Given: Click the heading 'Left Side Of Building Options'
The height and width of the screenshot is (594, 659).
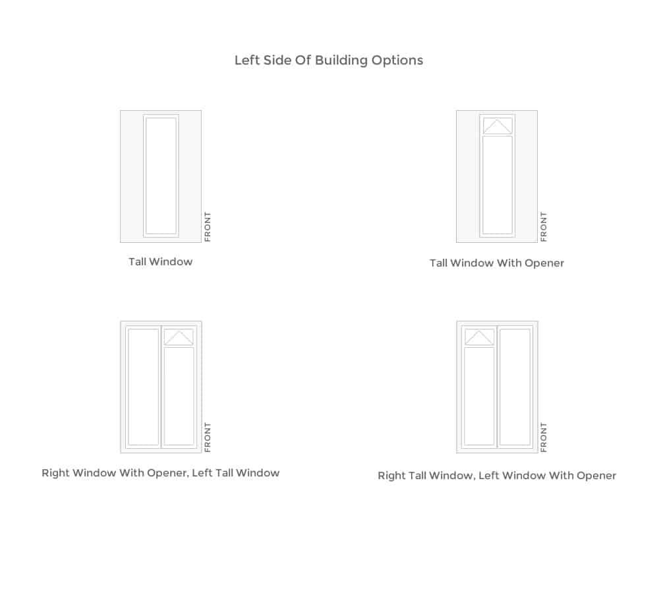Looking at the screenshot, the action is [x=329, y=60].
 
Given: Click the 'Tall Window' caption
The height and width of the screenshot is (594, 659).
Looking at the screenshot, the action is [x=161, y=261].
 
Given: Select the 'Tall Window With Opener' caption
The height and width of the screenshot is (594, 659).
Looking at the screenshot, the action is [x=497, y=263].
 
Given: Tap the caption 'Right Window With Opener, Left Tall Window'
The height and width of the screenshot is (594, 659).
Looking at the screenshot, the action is [x=161, y=473].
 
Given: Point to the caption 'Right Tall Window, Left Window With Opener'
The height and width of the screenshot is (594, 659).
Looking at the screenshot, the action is [x=497, y=475].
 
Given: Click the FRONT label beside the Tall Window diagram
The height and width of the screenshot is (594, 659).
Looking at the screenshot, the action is [x=208, y=227].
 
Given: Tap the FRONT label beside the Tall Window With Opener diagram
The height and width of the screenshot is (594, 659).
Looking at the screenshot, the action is [x=544, y=227].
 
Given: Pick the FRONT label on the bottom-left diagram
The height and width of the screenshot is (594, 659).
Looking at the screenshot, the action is [x=208, y=438].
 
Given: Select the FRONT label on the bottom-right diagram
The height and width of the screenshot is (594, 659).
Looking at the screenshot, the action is [x=544, y=438].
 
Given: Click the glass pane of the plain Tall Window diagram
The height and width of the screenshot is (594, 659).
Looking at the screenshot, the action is [x=161, y=176].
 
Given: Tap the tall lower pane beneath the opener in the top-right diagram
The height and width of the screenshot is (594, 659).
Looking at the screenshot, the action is [x=498, y=185].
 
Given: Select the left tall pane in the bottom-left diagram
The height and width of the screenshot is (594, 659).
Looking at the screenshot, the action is [x=143, y=387].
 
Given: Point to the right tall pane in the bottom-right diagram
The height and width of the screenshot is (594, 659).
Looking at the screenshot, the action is [x=515, y=387].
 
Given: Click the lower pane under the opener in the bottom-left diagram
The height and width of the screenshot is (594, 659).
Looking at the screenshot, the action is [x=179, y=396].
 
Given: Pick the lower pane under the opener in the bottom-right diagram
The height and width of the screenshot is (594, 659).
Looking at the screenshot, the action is [x=479, y=396].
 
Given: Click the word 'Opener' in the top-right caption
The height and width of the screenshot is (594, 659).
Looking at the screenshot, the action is [x=544, y=263].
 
